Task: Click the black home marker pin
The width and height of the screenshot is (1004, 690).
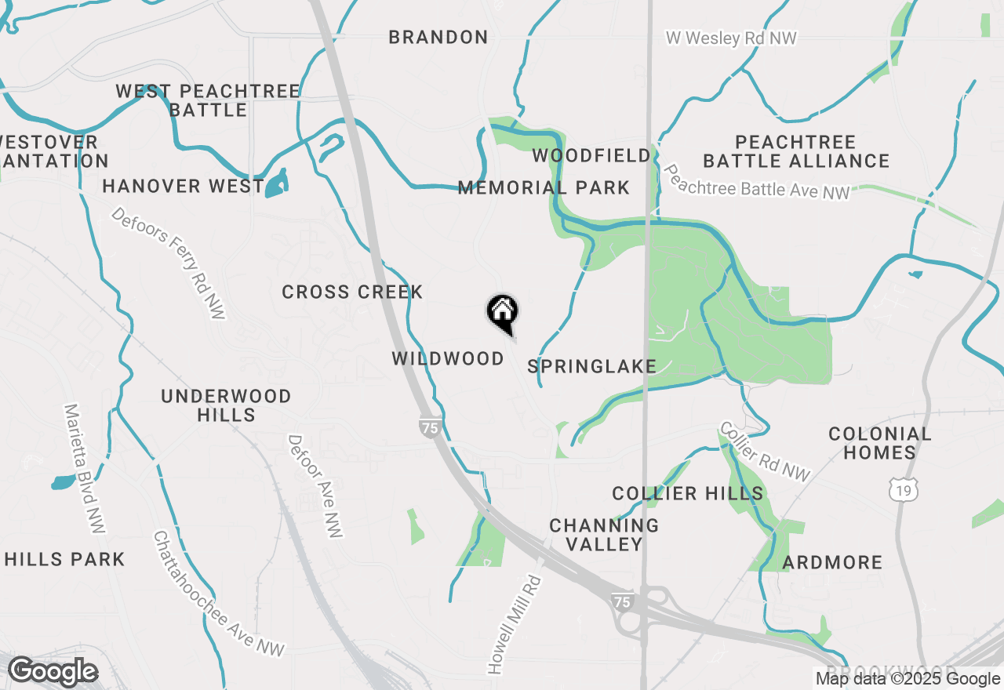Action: pos(502,313)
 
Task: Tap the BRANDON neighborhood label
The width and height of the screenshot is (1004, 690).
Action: pos(438,37)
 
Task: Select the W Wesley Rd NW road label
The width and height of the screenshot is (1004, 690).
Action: pos(731,38)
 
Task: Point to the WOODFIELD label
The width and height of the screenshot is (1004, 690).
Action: pos(591,155)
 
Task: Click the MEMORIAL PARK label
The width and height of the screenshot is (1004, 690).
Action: pos(544,187)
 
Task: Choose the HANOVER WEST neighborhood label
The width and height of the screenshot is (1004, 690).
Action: pos(183,186)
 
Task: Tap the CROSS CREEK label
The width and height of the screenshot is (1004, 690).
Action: pos(352,292)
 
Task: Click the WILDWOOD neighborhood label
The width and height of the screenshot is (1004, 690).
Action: pos(448,358)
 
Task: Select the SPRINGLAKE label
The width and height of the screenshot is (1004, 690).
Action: pos(591,366)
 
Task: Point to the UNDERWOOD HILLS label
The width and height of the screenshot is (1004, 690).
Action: pos(226,405)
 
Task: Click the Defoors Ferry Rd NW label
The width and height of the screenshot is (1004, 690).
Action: pos(169,263)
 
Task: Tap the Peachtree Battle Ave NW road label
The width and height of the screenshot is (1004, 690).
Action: pos(756,182)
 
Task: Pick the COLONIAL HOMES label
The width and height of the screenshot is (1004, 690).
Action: pos(879,443)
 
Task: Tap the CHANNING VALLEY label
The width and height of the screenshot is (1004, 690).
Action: pos(604,534)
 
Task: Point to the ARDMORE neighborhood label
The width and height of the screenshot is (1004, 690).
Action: pos(832,562)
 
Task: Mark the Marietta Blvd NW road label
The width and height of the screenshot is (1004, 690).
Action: pos(84,468)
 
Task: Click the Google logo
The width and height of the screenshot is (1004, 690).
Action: pos(53,671)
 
